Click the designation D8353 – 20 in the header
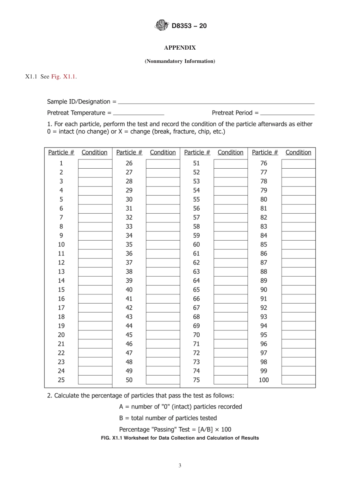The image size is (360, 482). pyautogui.click(x=189, y=26)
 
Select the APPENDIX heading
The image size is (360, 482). pyautogui.click(x=180, y=48)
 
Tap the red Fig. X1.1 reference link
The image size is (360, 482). pyautogui.click(x=63, y=77)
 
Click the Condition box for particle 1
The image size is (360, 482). pyautogui.click(x=95, y=164)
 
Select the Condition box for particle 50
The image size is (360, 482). pyautogui.click(x=163, y=380)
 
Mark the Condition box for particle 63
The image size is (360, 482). pyautogui.click(x=230, y=272)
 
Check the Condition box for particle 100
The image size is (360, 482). pyautogui.click(x=298, y=380)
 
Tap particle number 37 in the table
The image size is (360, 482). pyautogui.click(x=129, y=263)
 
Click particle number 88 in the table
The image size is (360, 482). pyautogui.click(x=264, y=272)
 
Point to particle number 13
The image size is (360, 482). pyautogui.click(x=61, y=272)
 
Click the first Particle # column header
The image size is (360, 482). pyautogui.click(x=61, y=152)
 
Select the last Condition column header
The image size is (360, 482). pyautogui.click(x=298, y=152)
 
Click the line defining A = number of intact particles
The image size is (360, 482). pyautogui.click(x=180, y=407)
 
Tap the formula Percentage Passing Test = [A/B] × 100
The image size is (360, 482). pyautogui.click(x=175, y=429)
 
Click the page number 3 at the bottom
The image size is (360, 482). pyautogui.click(x=180, y=466)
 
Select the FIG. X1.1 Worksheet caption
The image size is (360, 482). pyautogui.click(x=180, y=438)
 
